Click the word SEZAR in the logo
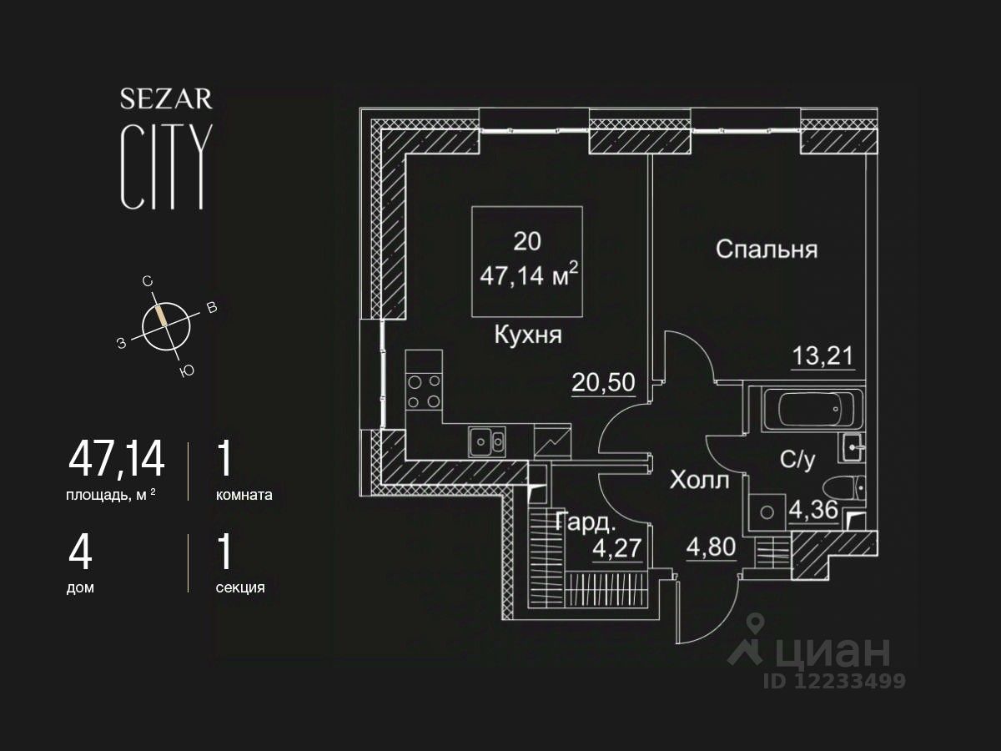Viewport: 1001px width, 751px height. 166,99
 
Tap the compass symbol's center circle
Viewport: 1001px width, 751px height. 166,325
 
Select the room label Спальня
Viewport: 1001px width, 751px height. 766,249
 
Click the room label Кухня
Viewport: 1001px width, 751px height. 528,336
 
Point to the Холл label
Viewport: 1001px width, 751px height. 699,481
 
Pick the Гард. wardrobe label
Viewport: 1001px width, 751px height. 585,524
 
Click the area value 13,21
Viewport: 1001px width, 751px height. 822,356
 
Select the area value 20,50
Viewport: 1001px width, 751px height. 603,382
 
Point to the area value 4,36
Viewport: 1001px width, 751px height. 813,510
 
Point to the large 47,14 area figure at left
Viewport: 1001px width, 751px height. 117,460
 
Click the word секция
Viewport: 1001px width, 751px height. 240,587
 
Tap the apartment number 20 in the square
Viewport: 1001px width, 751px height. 526,242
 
